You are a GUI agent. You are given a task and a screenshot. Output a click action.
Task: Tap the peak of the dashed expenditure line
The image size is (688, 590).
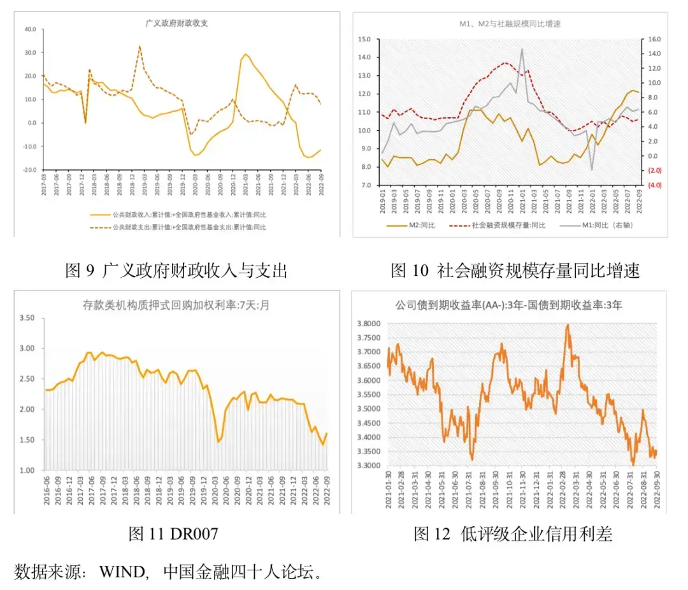tap(140, 46)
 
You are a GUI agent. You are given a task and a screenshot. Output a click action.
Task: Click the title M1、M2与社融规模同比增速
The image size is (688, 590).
tap(510, 24)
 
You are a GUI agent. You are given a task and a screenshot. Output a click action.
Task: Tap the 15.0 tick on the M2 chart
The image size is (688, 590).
tap(364, 39)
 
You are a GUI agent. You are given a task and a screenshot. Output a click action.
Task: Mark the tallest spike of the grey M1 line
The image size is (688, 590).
tap(522, 49)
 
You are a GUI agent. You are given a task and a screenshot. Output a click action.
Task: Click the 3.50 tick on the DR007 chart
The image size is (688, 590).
tap(27, 317)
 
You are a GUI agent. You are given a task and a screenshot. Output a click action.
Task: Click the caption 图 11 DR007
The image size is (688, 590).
tap(173, 534)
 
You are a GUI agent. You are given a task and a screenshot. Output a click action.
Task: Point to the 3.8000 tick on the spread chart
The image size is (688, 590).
tap(369, 324)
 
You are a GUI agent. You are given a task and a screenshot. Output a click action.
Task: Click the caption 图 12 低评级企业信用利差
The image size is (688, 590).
tap(513, 534)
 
